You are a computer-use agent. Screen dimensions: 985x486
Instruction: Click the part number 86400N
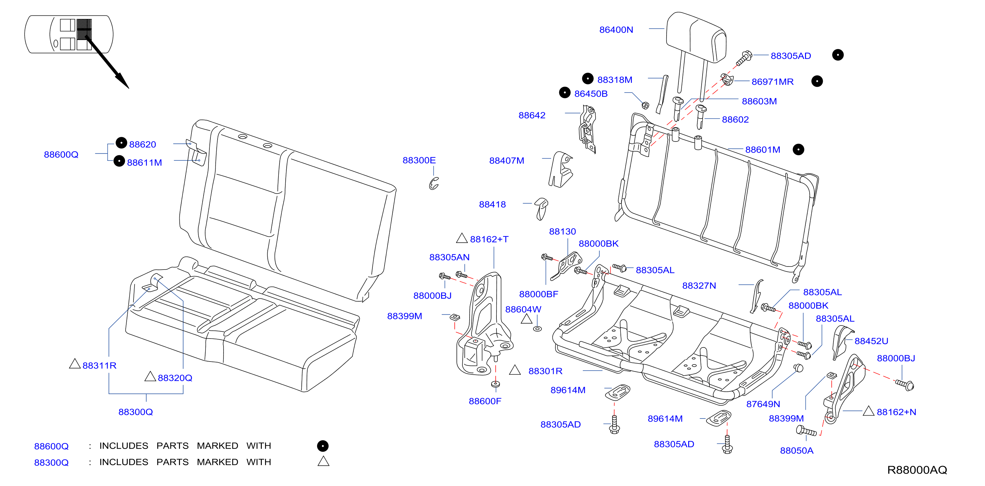616,29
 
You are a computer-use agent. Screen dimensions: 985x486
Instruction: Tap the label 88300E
419,160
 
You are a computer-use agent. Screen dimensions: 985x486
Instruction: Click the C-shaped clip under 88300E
434,184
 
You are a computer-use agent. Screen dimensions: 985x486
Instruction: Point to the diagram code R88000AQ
917,470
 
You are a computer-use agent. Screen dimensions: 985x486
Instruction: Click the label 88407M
507,161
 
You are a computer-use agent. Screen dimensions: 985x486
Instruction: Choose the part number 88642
532,115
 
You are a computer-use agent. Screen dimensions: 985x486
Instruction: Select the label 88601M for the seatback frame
762,150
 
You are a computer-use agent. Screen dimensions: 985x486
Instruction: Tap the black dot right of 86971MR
817,81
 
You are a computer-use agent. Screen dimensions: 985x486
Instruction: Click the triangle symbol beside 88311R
75,364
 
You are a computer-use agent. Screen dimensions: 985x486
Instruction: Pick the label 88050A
797,450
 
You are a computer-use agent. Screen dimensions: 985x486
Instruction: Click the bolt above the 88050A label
806,431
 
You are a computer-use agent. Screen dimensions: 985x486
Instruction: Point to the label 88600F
485,401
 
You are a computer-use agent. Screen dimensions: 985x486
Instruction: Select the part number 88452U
871,341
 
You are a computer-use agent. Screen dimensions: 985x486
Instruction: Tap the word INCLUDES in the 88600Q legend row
123,446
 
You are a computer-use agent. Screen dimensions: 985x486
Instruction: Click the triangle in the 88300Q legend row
324,461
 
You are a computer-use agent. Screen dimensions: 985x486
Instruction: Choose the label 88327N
699,286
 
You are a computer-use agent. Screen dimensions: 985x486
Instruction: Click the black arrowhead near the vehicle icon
123,81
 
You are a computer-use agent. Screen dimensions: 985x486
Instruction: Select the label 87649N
763,404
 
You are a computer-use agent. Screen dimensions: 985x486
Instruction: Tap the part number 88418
492,204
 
